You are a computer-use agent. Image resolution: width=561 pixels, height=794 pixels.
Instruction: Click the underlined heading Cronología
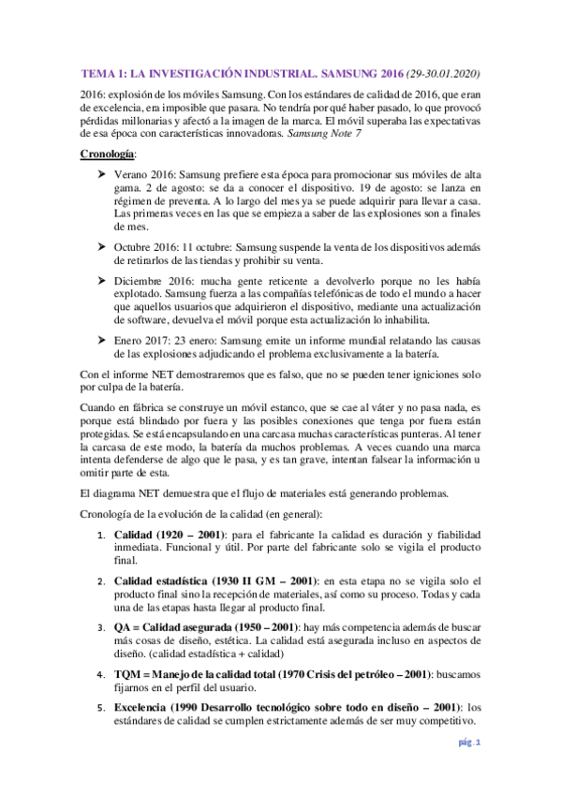pyautogui.click(x=110, y=153)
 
